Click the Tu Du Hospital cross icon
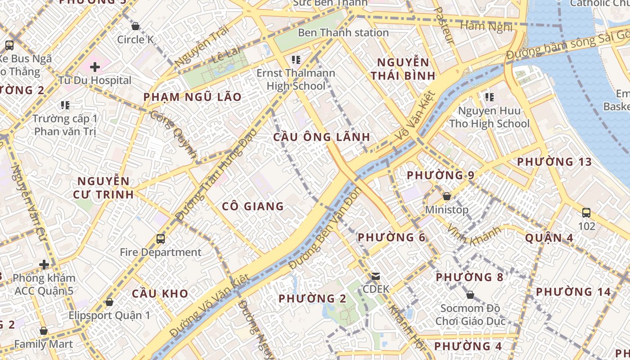(x=94, y=67)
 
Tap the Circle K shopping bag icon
(x=135, y=26)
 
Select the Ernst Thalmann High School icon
(x=296, y=59)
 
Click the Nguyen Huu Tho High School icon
(x=490, y=97)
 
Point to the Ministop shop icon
(x=447, y=196)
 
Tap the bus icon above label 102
(x=586, y=212)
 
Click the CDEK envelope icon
(x=376, y=276)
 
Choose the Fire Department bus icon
(x=161, y=239)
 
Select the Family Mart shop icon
(x=44, y=331)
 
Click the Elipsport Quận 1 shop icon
(x=109, y=302)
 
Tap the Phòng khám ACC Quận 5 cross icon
(x=44, y=264)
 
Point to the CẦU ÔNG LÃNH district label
(x=322, y=137)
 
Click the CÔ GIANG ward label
(x=253, y=207)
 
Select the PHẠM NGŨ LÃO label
(x=192, y=97)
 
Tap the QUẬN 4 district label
(x=549, y=238)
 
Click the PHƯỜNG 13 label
(x=554, y=162)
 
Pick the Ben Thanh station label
(x=343, y=33)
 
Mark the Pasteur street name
(x=445, y=25)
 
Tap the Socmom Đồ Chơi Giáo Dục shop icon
(x=470, y=295)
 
